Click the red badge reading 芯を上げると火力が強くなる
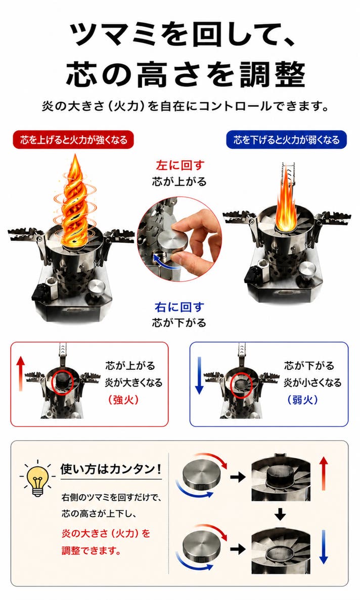click(x=73, y=140)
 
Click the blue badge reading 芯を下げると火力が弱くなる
click(x=287, y=140)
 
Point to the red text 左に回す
click(x=180, y=165)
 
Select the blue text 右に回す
click(x=179, y=307)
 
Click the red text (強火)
click(x=123, y=400)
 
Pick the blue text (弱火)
click(x=302, y=400)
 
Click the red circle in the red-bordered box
click(x=62, y=382)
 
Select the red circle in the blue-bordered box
click(x=241, y=385)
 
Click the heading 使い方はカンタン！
click(x=111, y=469)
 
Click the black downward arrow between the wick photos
click(x=281, y=514)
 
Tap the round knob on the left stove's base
click(x=96, y=287)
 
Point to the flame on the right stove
click(x=285, y=203)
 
